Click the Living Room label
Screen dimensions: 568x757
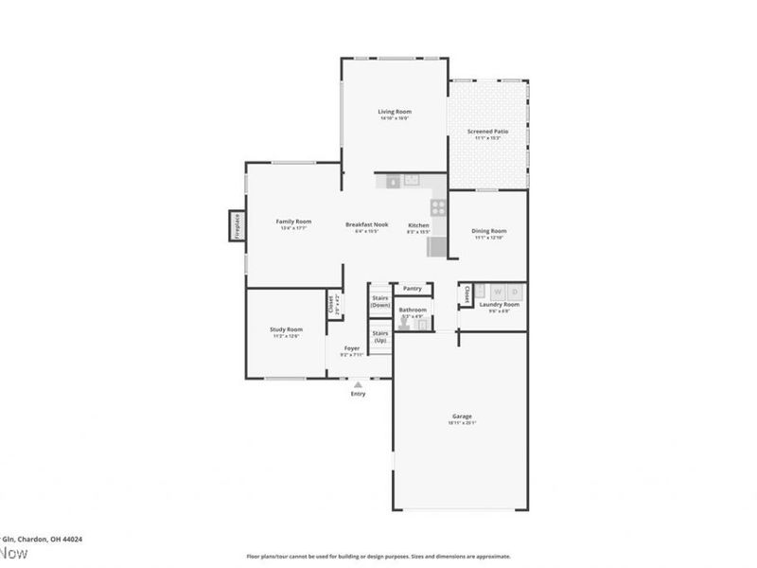pyautogui.click(x=395, y=112)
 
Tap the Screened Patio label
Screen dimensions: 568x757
pyautogui.click(x=487, y=132)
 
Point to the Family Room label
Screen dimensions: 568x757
pyautogui.click(x=293, y=222)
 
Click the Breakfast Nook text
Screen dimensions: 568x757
pyautogui.click(x=367, y=224)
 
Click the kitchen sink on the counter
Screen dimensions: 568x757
pyautogui.click(x=412, y=180)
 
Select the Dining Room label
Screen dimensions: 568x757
pyautogui.click(x=489, y=231)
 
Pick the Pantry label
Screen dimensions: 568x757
pyautogui.click(x=412, y=288)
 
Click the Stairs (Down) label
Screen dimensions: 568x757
pyautogui.click(x=380, y=301)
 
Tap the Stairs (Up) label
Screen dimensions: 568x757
pyautogui.click(x=380, y=336)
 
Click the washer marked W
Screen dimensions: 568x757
pyautogui.click(x=497, y=292)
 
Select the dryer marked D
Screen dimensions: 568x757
pyautogui.click(x=515, y=292)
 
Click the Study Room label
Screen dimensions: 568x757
pyautogui.click(x=288, y=329)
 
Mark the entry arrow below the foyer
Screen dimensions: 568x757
pyautogui.click(x=358, y=384)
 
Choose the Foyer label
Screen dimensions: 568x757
pyautogui.click(x=352, y=348)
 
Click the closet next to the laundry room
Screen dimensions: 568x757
pyautogui.click(x=466, y=296)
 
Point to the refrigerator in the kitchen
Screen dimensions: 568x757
pyautogui.click(x=437, y=247)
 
